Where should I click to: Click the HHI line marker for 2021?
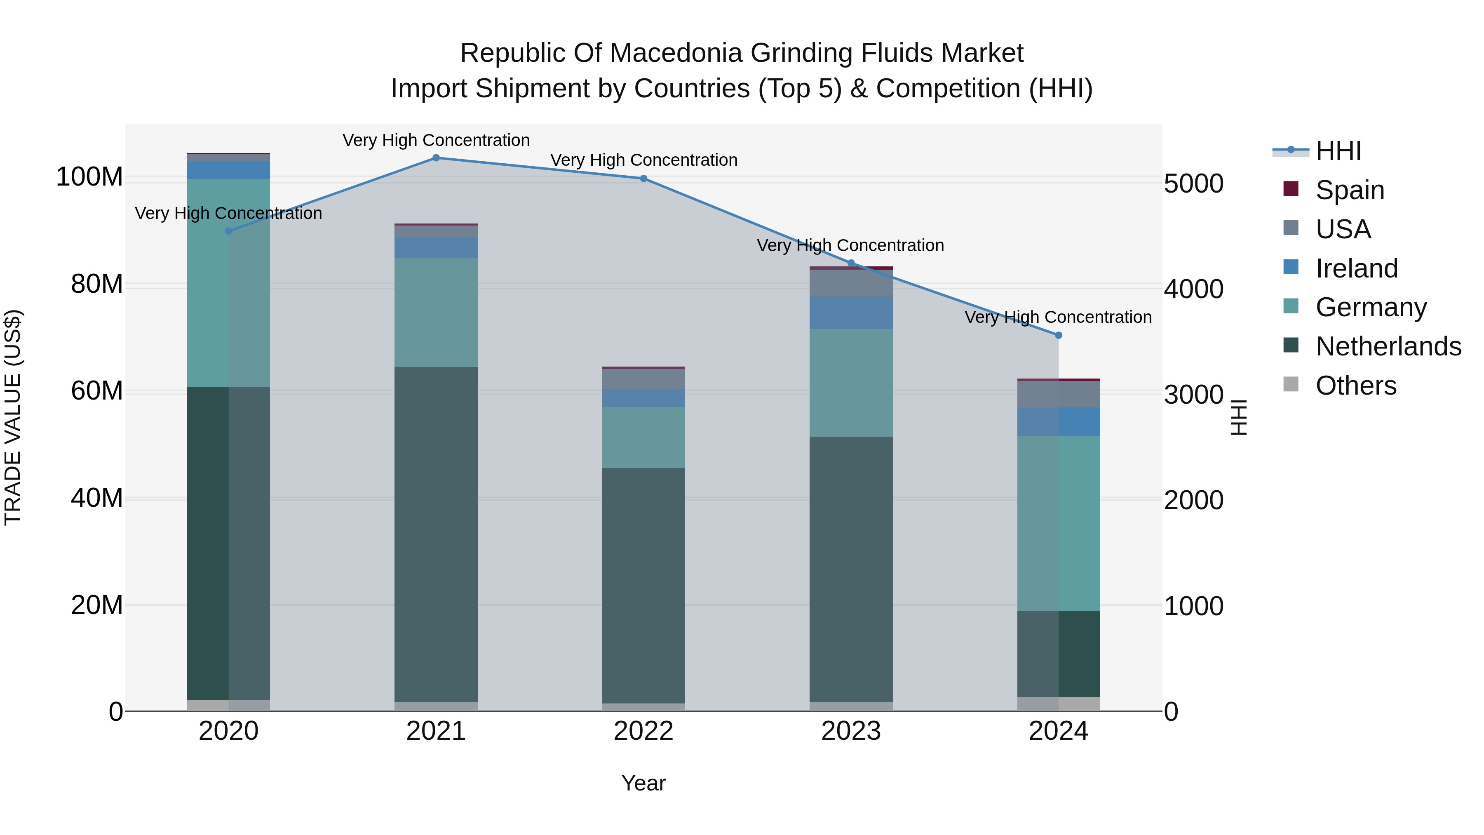436,158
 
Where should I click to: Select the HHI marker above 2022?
643,179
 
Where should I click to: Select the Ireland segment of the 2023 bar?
851,313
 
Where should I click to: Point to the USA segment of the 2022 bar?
643,379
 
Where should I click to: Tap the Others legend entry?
1355,386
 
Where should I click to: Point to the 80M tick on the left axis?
97,284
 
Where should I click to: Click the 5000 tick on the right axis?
1194,184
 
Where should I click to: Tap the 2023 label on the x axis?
851,731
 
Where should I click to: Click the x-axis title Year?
643,783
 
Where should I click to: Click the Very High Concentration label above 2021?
436,140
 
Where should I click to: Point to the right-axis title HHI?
1239,417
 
